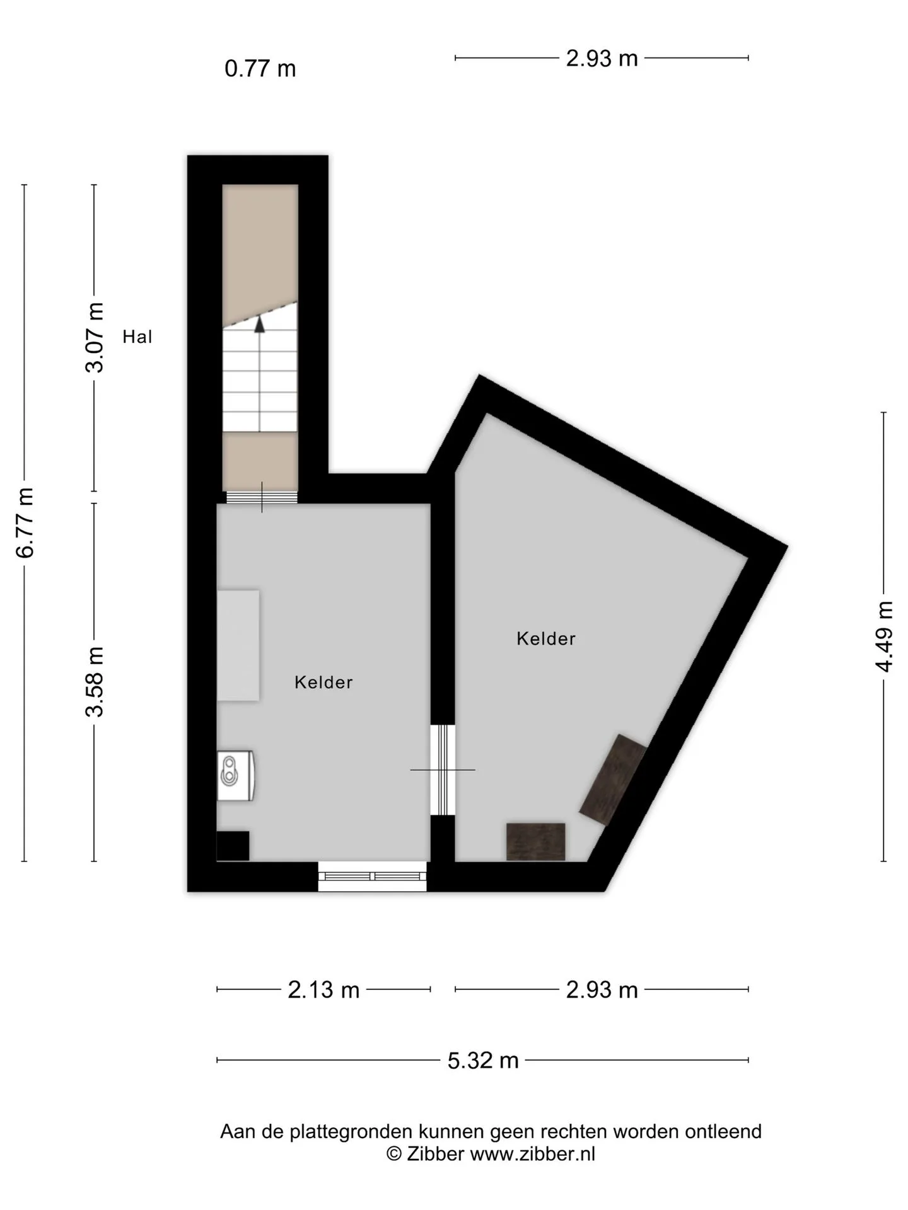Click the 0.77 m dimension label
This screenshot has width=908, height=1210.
(x=260, y=68)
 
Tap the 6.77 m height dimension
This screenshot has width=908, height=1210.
(x=25, y=522)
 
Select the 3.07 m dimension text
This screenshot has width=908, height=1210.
(x=95, y=338)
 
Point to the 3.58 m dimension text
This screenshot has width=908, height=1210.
(x=95, y=682)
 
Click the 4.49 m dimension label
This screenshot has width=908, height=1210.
(x=885, y=637)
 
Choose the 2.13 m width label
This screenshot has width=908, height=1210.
(x=323, y=989)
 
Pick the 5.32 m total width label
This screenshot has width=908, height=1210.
(x=483, y=1060)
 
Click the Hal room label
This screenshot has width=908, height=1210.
(x=137, y=337)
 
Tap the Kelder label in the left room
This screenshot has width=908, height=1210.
(x=323, y=682)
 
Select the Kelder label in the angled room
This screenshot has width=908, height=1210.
(x=546, y=638)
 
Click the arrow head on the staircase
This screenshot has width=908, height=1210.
(x=259, y=324)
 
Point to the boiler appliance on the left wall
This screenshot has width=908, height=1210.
(x=235, y=775)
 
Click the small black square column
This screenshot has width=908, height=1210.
(x=233, y=846)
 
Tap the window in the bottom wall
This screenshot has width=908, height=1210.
(x=372, y=876)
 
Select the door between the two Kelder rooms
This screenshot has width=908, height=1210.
(x=443, y=769)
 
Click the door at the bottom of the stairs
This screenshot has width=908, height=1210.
(x=262, y=497)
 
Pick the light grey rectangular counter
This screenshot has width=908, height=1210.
(x=238, y=645)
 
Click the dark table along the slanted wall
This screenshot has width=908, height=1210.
(x=614, y=780)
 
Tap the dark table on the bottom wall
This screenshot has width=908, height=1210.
(x=536, y=841)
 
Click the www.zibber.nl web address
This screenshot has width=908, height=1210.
(x=533, y=1155)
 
